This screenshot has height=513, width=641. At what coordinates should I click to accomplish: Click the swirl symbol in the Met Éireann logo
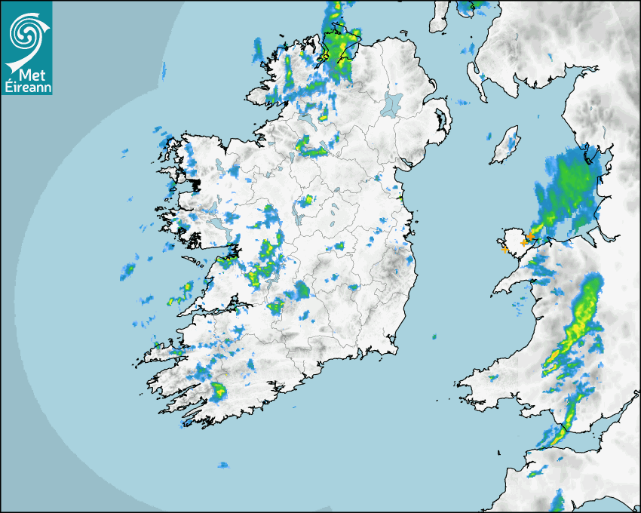[26, 32]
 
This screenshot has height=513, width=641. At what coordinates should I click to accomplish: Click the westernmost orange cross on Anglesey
[504, 247]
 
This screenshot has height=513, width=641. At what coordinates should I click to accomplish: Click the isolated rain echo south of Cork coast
[222, 465]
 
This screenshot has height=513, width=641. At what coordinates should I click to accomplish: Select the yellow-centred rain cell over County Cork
[219, 391]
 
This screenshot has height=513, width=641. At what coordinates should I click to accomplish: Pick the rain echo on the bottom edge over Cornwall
[557, 500]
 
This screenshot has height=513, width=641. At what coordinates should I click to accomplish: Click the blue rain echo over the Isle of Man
[512, 140]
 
